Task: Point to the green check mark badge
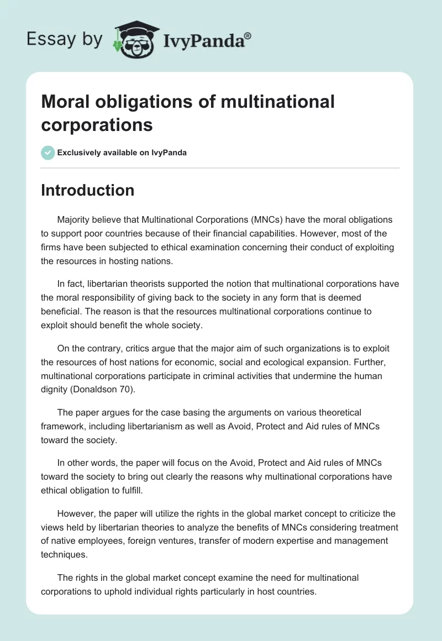48,153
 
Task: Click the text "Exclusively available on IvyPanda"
122,153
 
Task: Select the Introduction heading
87,190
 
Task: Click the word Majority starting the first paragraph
75,219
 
